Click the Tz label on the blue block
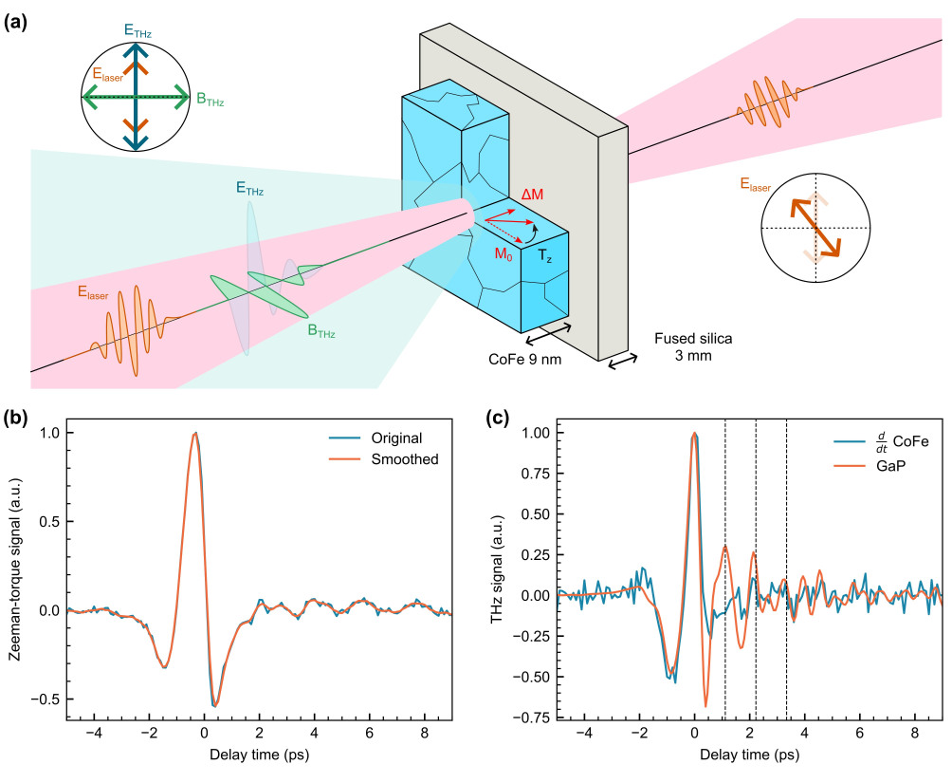click(x=546, y=256)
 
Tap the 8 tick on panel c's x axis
click(x=915, y=736)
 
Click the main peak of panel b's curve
click(x=195, y=433)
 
